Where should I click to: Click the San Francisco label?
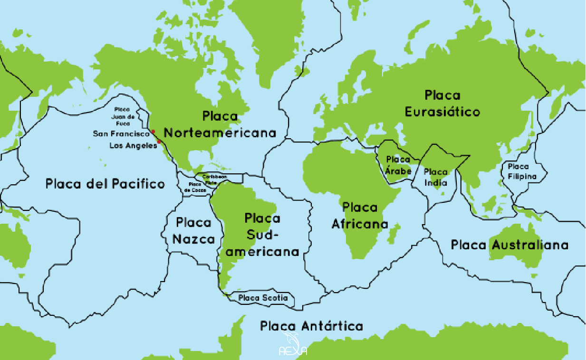[x=121, y=134]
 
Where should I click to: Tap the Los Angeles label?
[x=133, y=146]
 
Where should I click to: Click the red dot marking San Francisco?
[x=153, y=132]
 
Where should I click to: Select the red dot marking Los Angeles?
[x=159, y=142]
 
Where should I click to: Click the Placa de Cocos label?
[x=194, y=187]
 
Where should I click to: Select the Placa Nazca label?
[x=193, y=231]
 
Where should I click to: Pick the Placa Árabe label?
[x=398, y=165]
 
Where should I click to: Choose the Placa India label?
[x=435, y=177]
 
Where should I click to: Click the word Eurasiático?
[x=442, y=112]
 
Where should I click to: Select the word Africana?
[x=359, y=224]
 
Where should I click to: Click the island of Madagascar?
[x=394, y=234]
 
